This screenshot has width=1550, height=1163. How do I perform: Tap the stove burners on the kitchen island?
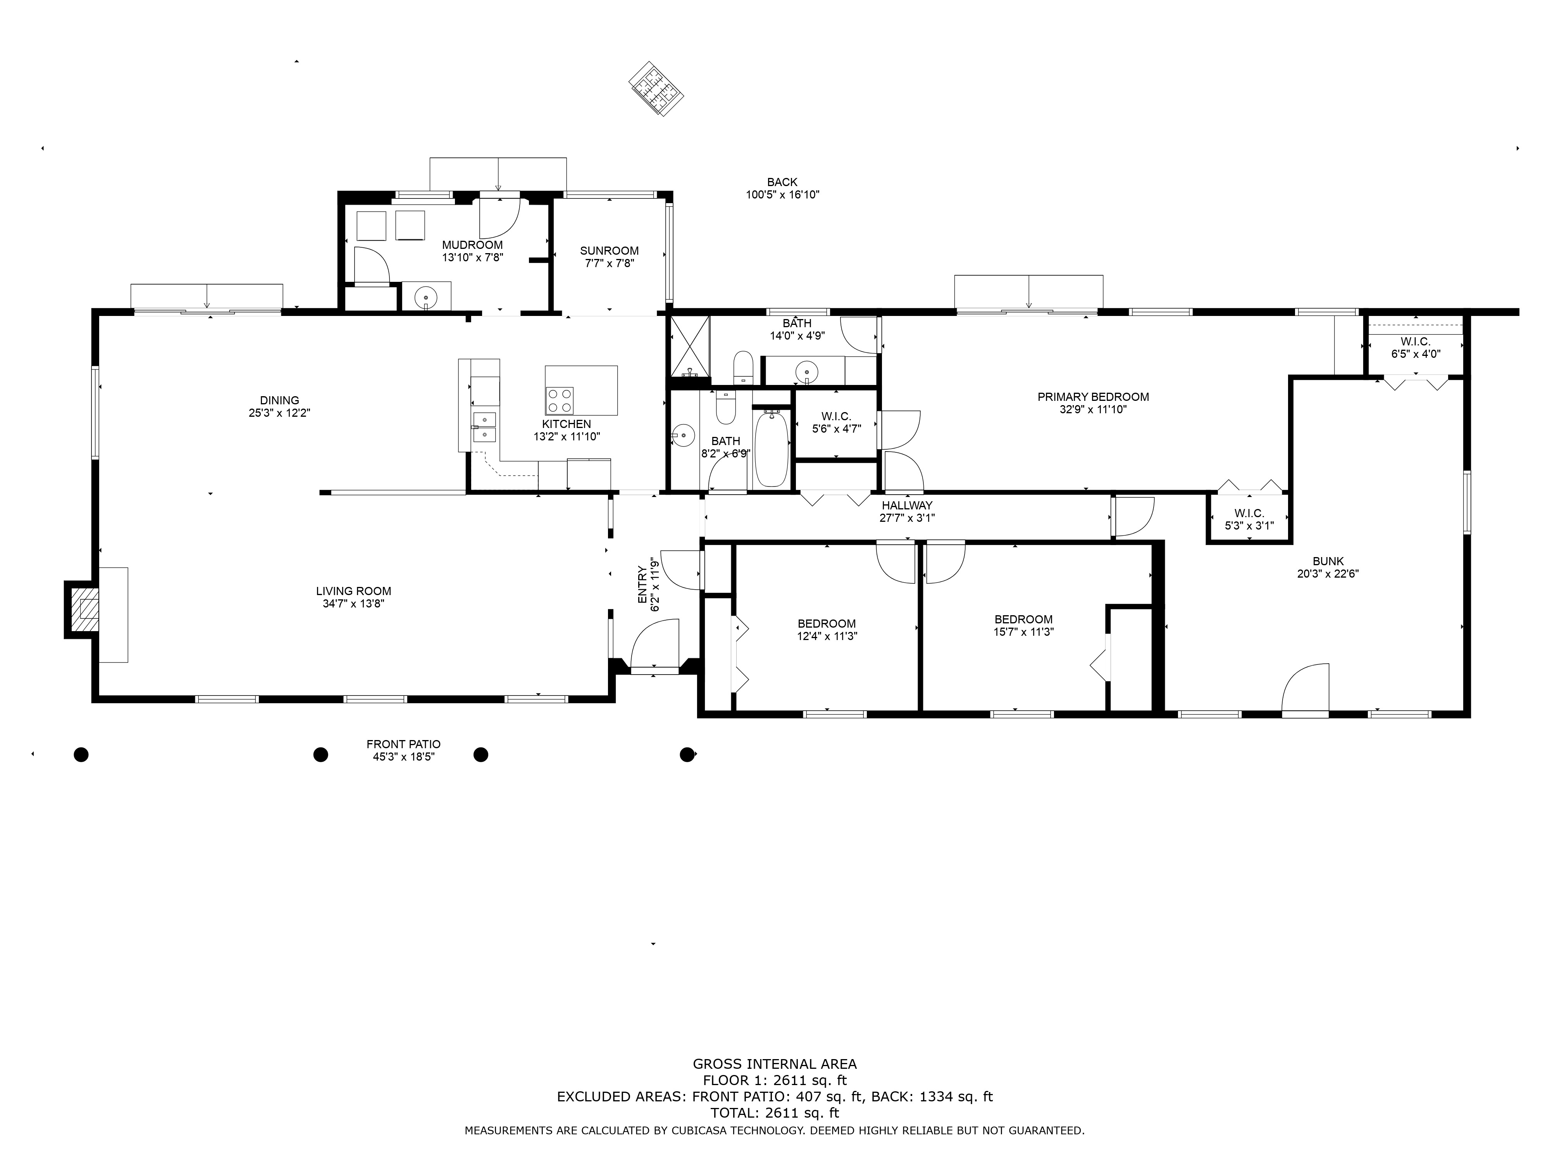[559, 400]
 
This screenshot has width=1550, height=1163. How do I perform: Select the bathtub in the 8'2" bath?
[772, 449]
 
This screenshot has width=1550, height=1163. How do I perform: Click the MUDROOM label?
[472, 245]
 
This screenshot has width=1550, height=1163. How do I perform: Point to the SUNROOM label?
[609, 250]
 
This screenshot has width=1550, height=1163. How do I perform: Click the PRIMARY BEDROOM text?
[1093, 397]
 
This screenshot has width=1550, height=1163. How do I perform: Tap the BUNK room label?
[1328, 561]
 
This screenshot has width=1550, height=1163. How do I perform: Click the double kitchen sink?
[484, 427]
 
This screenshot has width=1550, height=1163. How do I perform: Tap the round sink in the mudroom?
[425, 297]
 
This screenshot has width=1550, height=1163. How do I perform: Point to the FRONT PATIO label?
[404, 744]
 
